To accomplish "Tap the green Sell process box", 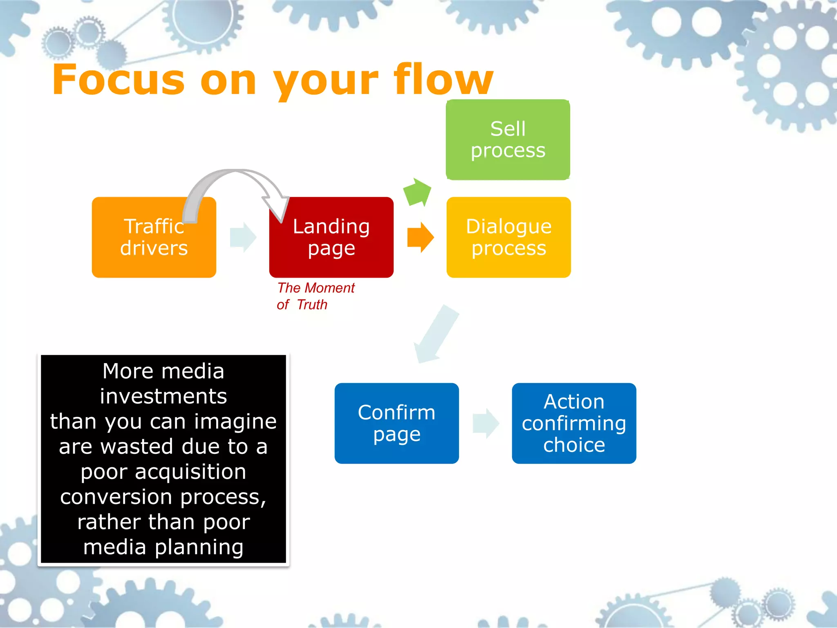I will pos(508,139).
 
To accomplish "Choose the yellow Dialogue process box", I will pos(508,237).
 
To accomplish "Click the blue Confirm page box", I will pos(396,423).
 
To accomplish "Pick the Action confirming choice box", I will pos(574,423).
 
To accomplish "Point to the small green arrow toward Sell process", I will pos(417,191).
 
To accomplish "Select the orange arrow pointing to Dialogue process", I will pos(420,237).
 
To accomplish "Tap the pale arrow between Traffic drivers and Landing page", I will pos(243,237).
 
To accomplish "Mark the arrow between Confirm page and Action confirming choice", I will pos(486,423).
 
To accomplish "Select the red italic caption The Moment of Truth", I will pos(316,296).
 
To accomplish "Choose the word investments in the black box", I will pos(163,396).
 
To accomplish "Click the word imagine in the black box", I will pos(235,422).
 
